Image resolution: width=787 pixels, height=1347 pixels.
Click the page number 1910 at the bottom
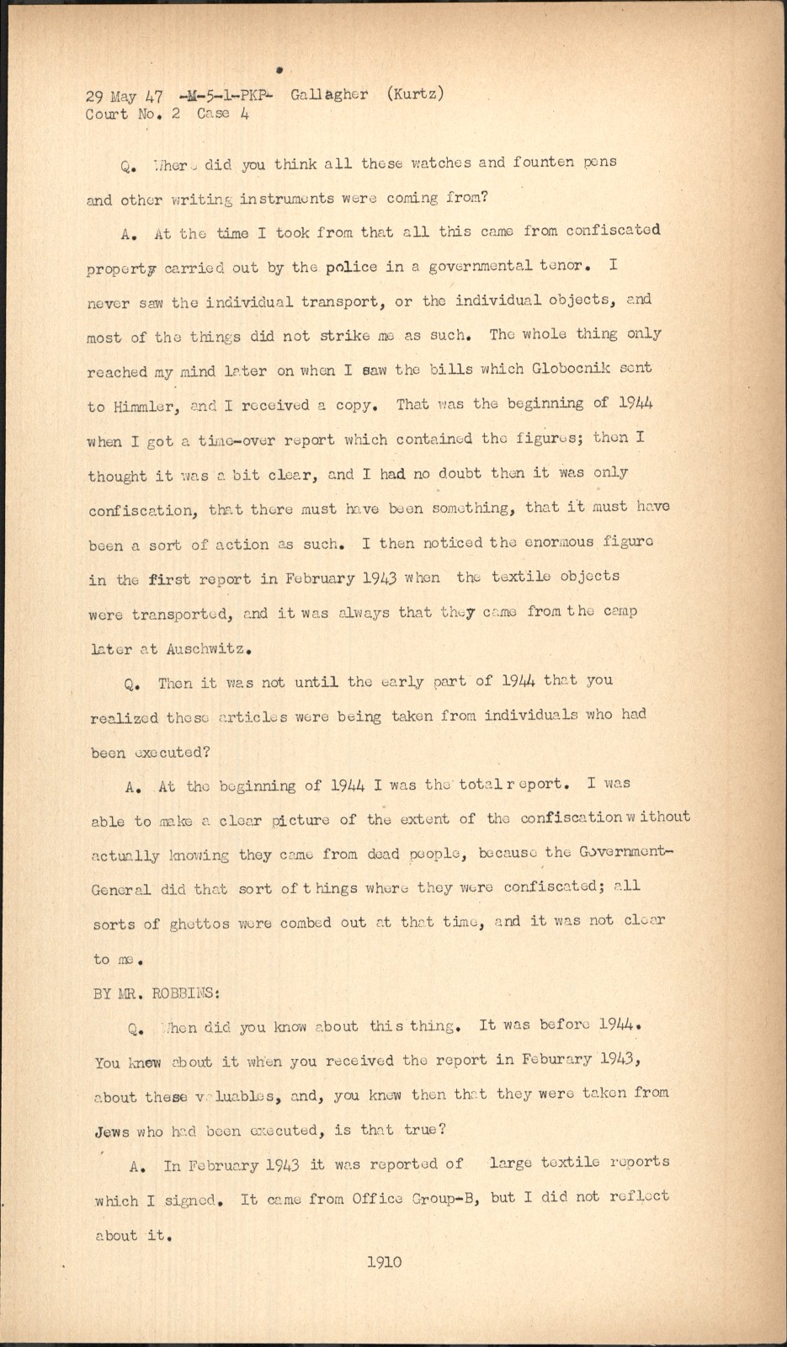point(385,1261)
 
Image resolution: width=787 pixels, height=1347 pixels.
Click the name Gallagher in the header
point(329,94)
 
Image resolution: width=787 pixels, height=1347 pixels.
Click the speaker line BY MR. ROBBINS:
point(157,993)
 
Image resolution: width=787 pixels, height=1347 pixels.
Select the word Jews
point(112,1131)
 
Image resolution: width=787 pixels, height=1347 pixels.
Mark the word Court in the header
point(107,114)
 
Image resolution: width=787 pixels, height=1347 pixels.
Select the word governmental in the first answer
point(480,266)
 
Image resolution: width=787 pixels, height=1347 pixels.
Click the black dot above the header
point(278,70)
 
